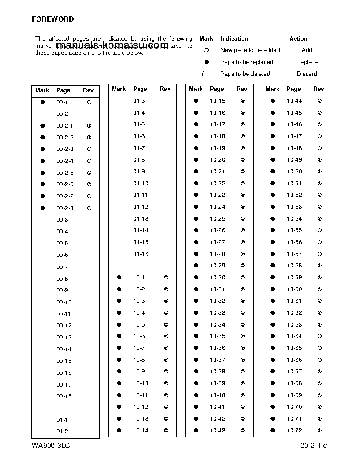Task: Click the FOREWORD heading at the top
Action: (x=53, y=19)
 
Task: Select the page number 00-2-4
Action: (x=65, y=161)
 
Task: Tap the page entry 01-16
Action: (x=141, y=254)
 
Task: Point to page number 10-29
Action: (x=217, y=266)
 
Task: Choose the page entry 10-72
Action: (x=294, y=431)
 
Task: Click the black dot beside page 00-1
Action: (x=43, y=102)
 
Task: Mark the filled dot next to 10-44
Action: (x=273, y=101)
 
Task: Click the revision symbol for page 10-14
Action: (x=166, y=431)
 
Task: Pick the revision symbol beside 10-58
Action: (x=319, y=266)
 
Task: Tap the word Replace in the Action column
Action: (x=307, y=62)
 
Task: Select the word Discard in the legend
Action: (x=307, y=74)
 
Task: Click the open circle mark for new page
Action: (x=206, y=51)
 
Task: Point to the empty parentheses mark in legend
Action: (x=206, y=74)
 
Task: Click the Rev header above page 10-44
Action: (x=319, y=89)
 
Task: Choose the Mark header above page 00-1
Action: (x=42, y=90)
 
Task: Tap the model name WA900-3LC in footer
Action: (x=51, y=446)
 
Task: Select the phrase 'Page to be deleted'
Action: (x=245, y=74)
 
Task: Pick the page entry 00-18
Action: (x=64, y=396)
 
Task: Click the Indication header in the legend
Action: (x=234, y=39)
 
